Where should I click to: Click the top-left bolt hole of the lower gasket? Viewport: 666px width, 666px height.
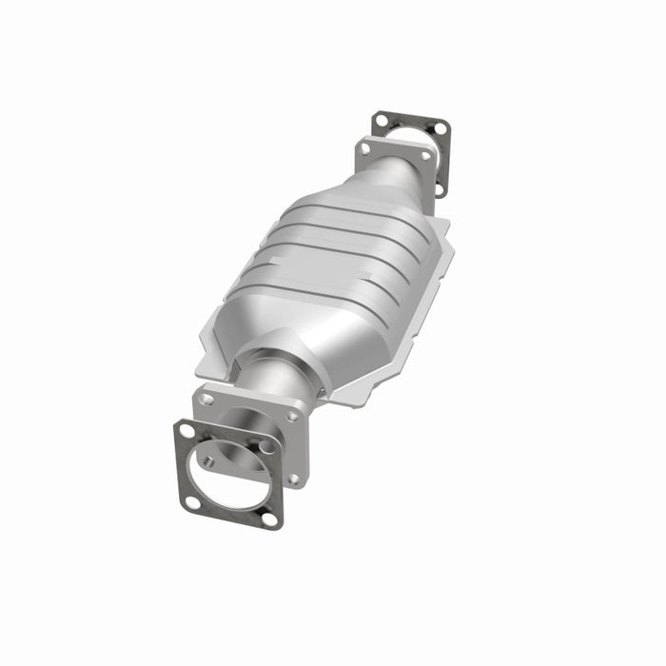187,431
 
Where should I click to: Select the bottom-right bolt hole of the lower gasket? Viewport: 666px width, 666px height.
269,519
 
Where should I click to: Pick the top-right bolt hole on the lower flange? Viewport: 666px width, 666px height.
292,416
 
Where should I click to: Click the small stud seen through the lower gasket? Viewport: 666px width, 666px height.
207,461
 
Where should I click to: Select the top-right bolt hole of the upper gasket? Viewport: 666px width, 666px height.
439,128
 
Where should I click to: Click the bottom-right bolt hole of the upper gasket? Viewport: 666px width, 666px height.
440,187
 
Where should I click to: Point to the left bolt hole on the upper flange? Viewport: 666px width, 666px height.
366,149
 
